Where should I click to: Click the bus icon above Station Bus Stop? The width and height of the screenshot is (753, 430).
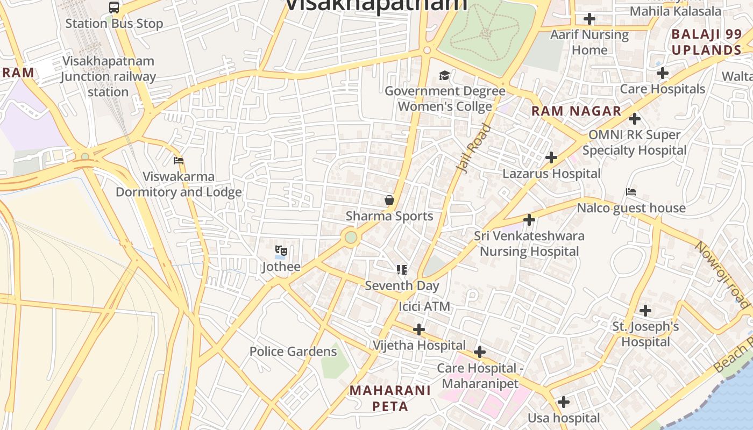114,8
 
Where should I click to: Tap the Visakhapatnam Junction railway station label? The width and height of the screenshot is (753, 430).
108,76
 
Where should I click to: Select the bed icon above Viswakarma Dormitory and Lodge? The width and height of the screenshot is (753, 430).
179,161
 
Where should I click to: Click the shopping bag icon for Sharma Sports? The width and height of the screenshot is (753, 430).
389,200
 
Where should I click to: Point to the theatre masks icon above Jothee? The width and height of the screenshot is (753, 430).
281,250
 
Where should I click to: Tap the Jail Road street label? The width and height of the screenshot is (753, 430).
474,148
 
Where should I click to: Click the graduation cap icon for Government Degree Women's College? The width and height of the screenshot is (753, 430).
444,75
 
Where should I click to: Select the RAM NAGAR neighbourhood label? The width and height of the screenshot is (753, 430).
577,111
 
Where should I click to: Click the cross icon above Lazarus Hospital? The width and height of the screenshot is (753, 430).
551,157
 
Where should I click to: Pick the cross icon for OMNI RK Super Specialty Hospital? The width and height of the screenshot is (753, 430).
635,118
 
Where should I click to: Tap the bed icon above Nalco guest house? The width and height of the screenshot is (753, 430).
631,192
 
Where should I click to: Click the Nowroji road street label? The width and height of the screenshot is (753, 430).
722,274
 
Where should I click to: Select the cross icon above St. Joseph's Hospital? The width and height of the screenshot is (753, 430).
645,310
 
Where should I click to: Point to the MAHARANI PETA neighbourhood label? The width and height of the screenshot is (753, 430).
390,398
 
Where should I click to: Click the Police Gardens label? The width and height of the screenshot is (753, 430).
293,352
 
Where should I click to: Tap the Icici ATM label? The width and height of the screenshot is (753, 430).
424,306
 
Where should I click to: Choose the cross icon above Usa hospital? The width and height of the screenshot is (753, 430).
564,402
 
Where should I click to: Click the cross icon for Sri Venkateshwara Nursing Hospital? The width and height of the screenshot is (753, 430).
529,220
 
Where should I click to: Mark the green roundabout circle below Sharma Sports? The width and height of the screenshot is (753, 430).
351,237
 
